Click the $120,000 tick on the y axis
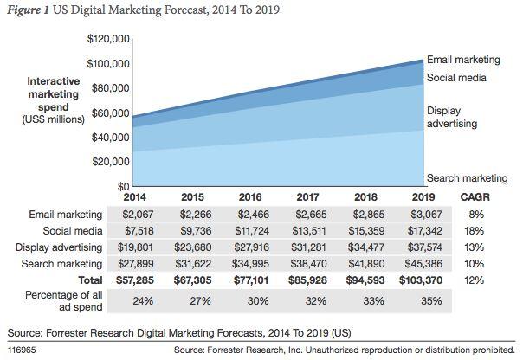[x=108, y=39]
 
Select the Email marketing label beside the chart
[x=463, y=60]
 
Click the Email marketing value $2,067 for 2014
[x=121, y=213]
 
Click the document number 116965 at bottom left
[x=23, y=350]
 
